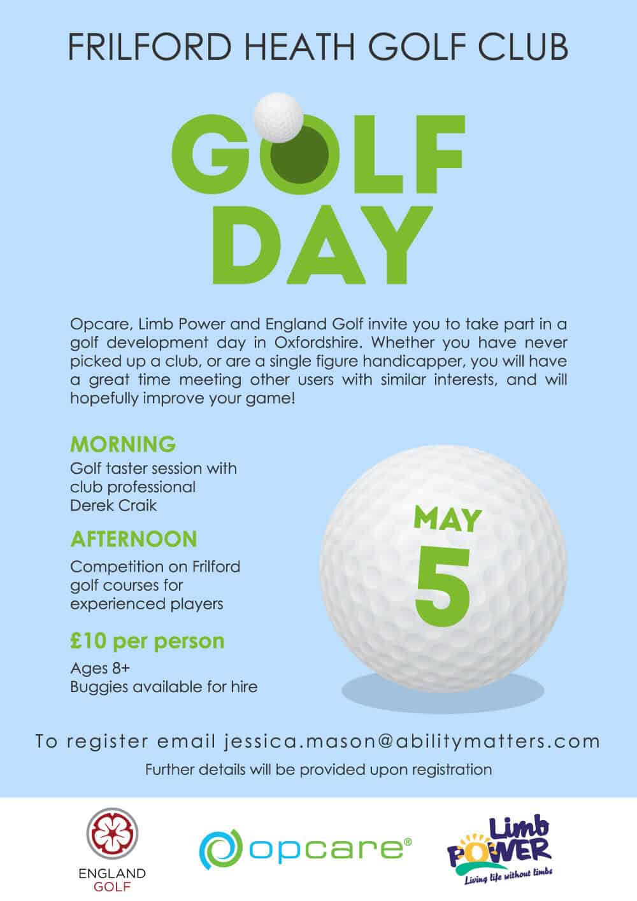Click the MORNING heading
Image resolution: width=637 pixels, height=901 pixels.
pyautogui.click(x=123, y=443)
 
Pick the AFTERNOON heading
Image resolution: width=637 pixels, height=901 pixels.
pyautogui.click(x=134, y=539)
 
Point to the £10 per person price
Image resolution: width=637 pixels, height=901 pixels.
pyautogui.click(x=147, y=640)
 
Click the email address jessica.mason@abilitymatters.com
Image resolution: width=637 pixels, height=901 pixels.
pyautogui.click(x=412, y=742)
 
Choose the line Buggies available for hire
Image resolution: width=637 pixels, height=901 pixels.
pyautogui.click(x=164, y=687)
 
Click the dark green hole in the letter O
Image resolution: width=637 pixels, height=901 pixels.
pyautogui.click(x=299, y=156)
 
